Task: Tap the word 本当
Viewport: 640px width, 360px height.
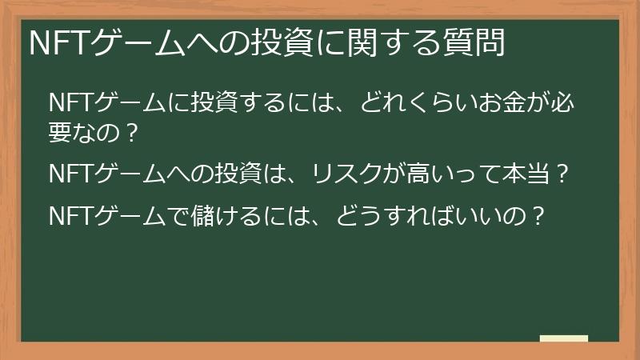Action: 524,173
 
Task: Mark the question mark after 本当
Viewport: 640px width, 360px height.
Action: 561,173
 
